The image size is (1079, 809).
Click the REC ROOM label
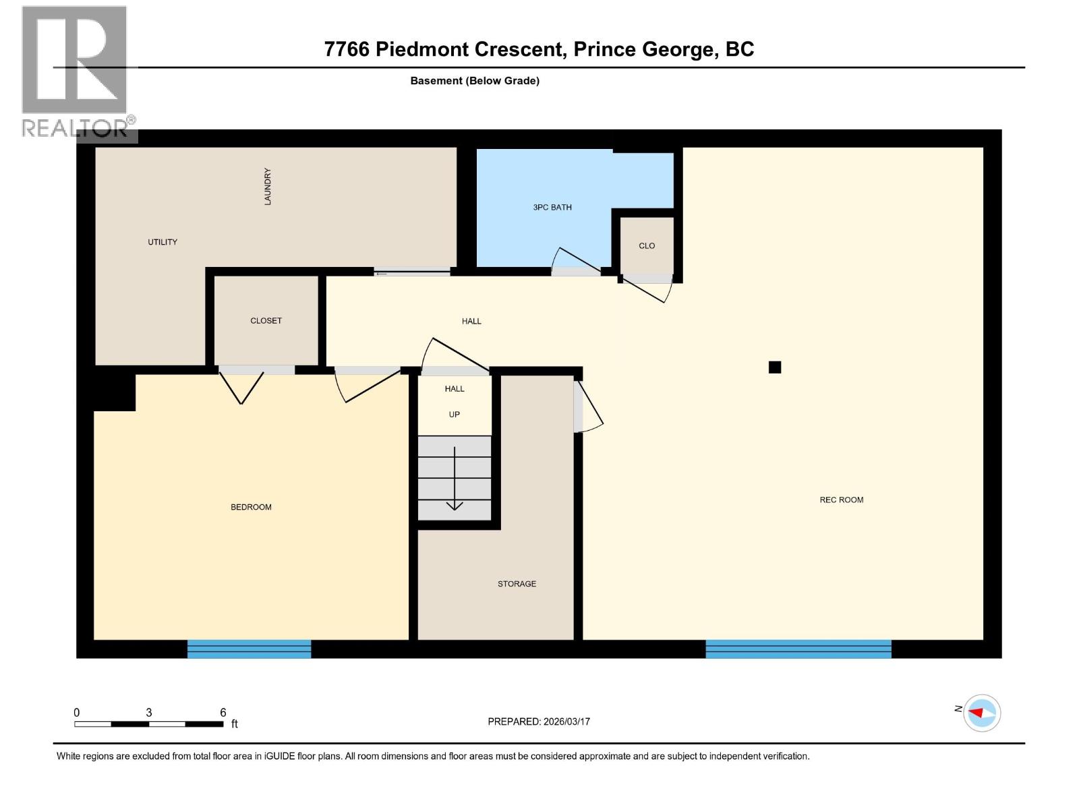click(841, 500)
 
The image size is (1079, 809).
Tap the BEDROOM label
click(251, 507)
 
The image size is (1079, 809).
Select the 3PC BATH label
click(552, 207)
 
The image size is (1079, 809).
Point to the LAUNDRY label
click(268, 187)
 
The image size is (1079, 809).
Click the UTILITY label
click(163, 242)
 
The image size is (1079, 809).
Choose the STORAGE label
click(517, 584)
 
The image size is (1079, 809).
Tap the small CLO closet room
click(646, 245)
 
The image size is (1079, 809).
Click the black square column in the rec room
click(775, 367)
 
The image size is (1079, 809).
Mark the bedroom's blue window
click(249, 649)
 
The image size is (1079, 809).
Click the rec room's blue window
click(798, 649)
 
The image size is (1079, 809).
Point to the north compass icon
click(981, 713)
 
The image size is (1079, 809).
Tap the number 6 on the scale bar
click(223, 713)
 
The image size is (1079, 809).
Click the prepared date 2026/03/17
click(565, 721)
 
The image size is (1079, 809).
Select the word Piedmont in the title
click(469, 49)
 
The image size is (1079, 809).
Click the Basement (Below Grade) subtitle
click(475, 81)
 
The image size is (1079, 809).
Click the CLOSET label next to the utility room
click(266, 321)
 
